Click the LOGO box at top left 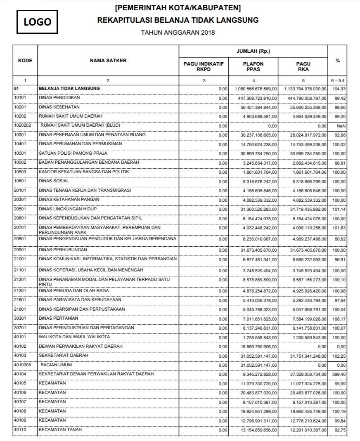click(37, 22)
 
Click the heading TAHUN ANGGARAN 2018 click(178, 33)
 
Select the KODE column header click(25, 61)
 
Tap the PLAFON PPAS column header click(253, 66)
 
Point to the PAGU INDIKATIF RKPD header click(204, 66)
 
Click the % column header click(338, 61)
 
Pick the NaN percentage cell click(341, 126)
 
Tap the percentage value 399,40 click(339, 375)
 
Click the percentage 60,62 click(340, 239)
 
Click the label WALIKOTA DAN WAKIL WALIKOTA click(74, 337)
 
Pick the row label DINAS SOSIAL click(54, 181)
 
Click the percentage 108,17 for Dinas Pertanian click(339, 319)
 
